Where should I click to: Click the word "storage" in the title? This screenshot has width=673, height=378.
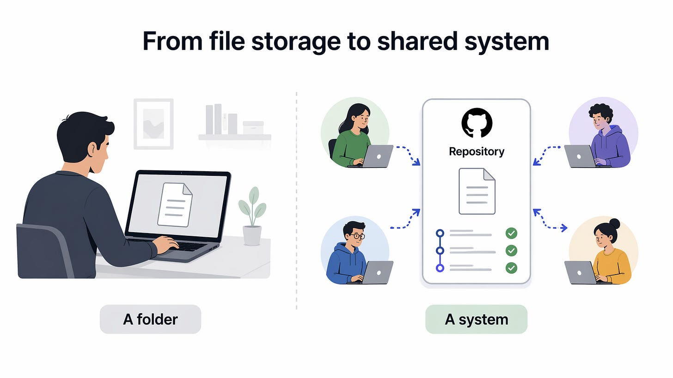coord(296,42)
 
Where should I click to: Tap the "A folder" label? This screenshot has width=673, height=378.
coord(150,319)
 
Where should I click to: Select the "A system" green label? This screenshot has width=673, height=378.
coord(476,319)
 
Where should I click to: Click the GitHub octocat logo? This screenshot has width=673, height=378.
coord(477,123)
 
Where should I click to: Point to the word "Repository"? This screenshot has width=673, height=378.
coord(477,152)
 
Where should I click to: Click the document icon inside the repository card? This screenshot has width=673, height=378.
coord(477,191)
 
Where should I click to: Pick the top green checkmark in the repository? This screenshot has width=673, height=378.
coord(511,233)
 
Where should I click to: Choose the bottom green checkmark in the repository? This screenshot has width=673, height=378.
coord(511,268)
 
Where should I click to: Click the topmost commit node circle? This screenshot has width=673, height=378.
coord(440,233)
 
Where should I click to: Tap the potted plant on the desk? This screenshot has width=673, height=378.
coord(252,216)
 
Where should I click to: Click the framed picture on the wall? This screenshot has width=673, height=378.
coord(153,124)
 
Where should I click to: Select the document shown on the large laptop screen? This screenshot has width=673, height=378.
coord(175,204)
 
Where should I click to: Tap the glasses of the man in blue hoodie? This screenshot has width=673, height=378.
coord(358,236)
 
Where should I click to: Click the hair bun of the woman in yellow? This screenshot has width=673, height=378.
coord(614,223)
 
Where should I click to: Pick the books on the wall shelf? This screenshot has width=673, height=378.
coord(221,120)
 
